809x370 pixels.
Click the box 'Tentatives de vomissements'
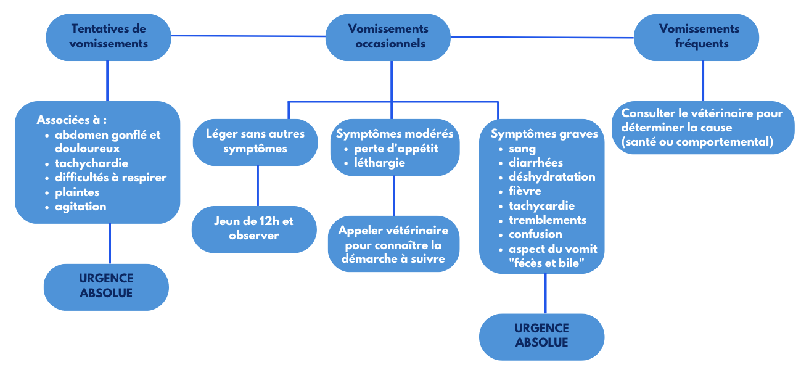(x=109, y=36)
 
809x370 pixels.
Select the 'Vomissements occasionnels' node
(x=388, y=36)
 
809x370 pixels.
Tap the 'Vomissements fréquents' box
(x=697, y=36)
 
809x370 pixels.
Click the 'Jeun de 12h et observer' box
(x=253, y=229)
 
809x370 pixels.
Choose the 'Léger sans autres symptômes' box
(x=255, y=141)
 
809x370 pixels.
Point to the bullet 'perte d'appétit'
(x=396, y=149)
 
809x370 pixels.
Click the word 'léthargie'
(x=379, y=163)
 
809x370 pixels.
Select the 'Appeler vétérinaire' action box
(x=393, y=244)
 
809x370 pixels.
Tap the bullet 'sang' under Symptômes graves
(x=522, y=149)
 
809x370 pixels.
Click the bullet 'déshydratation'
(x=552, y=177)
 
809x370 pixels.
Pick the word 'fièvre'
(x=525, y=191)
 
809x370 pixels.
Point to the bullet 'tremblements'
(x=547, y=220)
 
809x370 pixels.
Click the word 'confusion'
(x=535, y=234)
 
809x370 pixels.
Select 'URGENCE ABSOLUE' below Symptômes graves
(x=542, y=336)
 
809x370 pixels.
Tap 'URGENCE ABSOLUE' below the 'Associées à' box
(x=106, y=286)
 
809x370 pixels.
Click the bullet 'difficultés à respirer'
(x=111, y=178)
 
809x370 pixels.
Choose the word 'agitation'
(x=81, y=207)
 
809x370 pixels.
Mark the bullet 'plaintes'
(x=77, y=192)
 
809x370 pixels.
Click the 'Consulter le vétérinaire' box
(x=702, y=128)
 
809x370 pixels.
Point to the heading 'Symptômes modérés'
(x=395, y=134)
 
